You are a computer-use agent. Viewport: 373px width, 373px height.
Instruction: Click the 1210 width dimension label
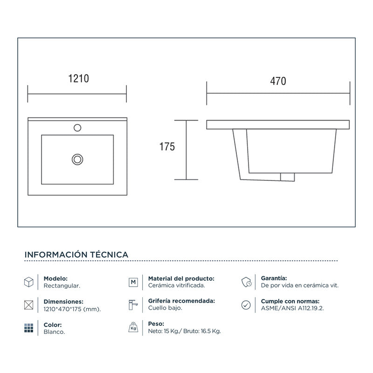pyautogui.click(x=78, y=79)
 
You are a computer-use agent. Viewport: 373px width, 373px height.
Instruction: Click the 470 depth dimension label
pyautogui.click(x=278, y=81)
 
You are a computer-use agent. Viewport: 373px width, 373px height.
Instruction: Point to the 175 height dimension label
pyautogui.click(x=167, y=147)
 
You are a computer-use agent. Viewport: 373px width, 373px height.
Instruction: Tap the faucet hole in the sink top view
pyautogui.click(x=77, y=127)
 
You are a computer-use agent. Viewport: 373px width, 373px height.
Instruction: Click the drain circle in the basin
pyautogui.click(x=77, y=159)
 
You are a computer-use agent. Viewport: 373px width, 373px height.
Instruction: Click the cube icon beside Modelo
pyautogui.click(x=28, y=282)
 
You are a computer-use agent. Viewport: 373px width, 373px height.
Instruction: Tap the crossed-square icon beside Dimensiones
pyautogui.click(x=28, y=305)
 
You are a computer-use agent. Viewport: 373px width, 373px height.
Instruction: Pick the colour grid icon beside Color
pyautogui.click(x=28, y=328)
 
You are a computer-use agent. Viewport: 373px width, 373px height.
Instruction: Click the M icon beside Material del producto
pyautogui.click(x=133, y=282)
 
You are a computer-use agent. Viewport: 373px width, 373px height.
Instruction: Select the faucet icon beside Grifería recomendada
pyautogui.click(x=133, y=305)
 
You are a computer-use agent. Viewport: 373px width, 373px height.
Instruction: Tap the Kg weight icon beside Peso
pyautogui.click(x=133, y=328)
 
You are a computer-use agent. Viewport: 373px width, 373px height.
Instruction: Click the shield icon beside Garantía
pyautogui.click(x=247, y=282)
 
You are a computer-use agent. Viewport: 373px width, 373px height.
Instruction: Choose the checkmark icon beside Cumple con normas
pyautogui.click(x=246, y=305)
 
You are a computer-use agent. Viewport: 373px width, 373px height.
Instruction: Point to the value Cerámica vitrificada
pyautogui.click(x=176, y=285)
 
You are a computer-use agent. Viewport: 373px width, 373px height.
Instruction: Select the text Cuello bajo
pyautogui.click(x=165, y=309)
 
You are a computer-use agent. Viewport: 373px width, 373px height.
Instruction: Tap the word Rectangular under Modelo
pyautogui.click(x=62, y=285)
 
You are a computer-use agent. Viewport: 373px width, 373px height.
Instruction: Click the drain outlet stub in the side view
pyautogui.click(x=288, y=176)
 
